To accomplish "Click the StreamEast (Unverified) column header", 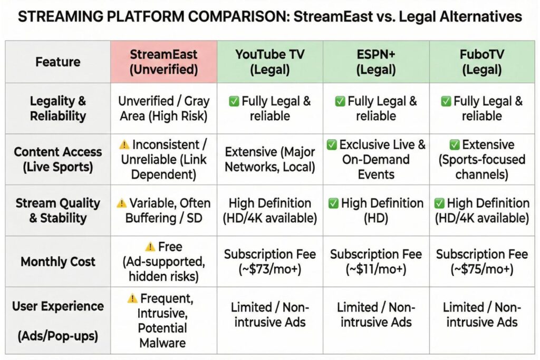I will coord(163,62).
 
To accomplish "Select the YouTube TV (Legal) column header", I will coord(269,62).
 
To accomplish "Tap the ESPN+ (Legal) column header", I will coord(375,62).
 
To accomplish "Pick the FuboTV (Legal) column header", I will coord(481,62).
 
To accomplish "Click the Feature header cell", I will coord(58,62).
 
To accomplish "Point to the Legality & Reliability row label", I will coord(58,108).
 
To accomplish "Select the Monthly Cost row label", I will coord(58,261).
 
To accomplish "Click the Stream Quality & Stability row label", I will coord(58,210).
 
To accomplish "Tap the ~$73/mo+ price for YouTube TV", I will coord(269,269).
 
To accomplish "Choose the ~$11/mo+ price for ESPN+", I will coord(375,269).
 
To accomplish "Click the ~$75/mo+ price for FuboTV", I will coord(481,269).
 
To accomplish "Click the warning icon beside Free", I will coord(150,247).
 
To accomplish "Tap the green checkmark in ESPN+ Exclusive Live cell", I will coord(332,144).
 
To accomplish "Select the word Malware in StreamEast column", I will coord(163,344).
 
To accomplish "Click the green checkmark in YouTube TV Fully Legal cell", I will coord(234,101).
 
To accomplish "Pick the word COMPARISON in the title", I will coord(183,17).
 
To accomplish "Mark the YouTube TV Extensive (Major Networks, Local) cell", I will coord(269,159).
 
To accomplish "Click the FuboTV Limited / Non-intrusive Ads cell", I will coord(481,315).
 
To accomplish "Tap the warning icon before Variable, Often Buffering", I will coord(122,203).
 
